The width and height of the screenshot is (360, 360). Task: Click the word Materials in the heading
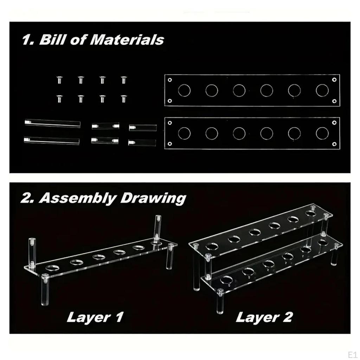(x=127, y=40)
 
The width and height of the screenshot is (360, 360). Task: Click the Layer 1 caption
(x=95, y=317)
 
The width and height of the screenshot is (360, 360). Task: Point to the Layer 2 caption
(x=264, y=317)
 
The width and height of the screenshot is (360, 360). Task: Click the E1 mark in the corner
(x=352, y=354)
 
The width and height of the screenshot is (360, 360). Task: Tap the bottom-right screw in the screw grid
(x=123, y=99)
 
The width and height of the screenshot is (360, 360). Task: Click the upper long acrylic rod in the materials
(x=53, y=123)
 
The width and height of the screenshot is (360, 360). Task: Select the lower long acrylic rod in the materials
(x=52, y=141)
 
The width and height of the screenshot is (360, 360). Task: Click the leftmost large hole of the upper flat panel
(x=184, y=90)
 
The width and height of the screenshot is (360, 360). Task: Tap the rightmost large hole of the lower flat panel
(x=322, y=133)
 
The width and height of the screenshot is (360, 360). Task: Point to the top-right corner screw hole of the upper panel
(x=334, y=80)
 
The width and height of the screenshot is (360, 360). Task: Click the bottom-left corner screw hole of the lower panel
(x=170, y=144)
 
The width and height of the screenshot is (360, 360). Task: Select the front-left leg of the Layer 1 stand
(x=45, y=290)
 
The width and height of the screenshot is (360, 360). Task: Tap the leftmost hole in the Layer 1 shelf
(x=53, y=268)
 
